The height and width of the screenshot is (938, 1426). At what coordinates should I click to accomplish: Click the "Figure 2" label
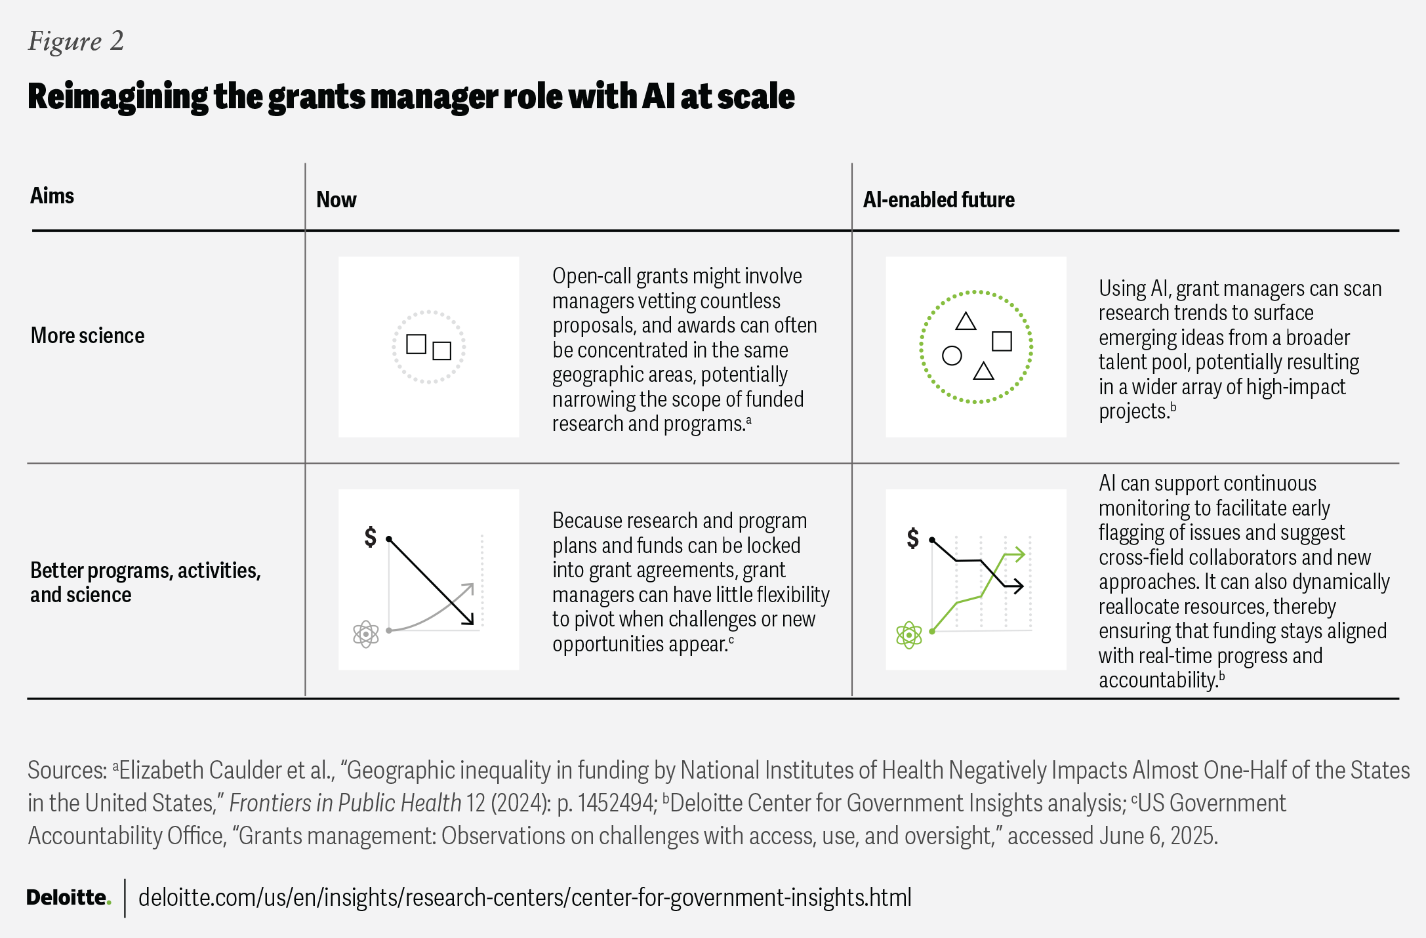75,41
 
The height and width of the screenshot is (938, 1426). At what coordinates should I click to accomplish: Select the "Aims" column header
52,195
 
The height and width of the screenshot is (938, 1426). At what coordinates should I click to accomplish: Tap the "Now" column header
336,199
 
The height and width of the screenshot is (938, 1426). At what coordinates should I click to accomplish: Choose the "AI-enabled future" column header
938,199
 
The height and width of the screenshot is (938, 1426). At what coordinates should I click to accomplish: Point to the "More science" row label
87,336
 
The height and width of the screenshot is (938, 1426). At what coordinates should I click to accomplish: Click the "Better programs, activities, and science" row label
145,582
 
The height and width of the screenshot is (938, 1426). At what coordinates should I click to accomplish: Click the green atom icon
908,635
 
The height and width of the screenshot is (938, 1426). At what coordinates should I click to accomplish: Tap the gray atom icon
365,634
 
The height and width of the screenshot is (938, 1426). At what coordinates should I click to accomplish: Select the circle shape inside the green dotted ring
951,356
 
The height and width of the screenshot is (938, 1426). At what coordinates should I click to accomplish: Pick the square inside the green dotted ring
1001,341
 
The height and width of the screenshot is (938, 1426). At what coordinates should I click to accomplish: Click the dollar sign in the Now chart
371,537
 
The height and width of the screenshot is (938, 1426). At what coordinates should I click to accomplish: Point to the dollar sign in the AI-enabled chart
912,538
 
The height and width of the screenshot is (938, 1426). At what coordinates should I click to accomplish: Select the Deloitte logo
68,897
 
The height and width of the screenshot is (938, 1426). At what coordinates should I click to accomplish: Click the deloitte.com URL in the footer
525,897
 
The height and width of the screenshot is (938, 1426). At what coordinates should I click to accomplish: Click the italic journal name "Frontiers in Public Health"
345,803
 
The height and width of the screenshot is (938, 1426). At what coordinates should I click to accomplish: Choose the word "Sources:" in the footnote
67,770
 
